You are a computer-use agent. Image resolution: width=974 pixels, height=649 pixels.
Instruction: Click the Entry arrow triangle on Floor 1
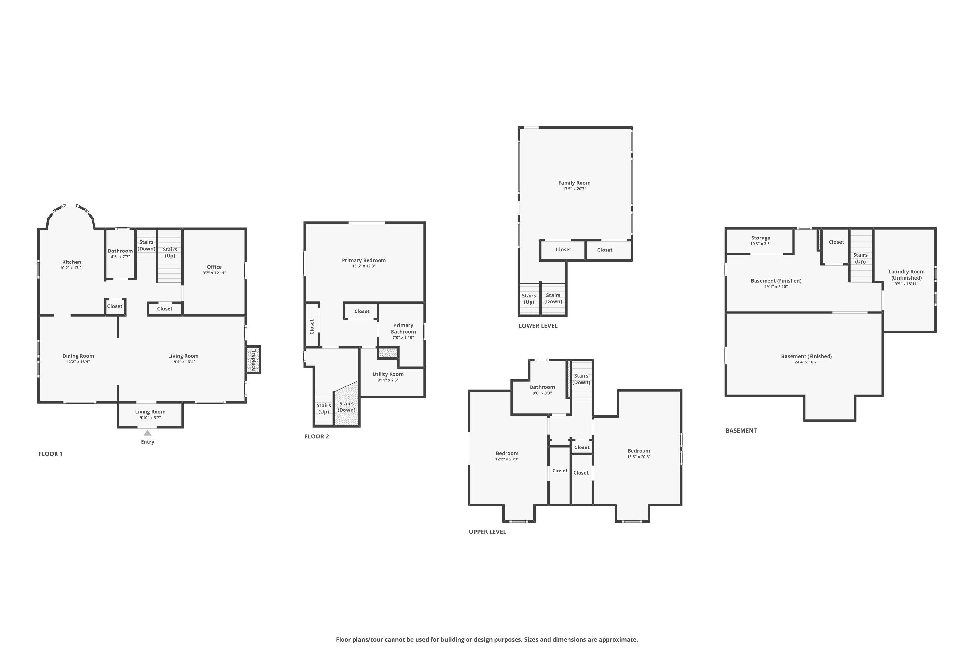(x=147, y=433)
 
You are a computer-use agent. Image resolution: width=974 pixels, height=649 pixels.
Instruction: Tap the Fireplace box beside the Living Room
(x=253, y=359)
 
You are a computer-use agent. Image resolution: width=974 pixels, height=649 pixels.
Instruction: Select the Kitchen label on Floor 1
(x=72, y=262)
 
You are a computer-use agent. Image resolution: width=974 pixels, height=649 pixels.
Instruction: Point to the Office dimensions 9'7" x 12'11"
(x=214, y=273)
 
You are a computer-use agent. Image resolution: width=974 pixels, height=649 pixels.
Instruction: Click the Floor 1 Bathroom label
(x=120, y=251)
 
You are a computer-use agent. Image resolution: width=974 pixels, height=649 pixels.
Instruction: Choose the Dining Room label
(x=78, y=356)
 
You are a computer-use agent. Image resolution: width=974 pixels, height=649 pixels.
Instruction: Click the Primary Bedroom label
(x=364, y=260)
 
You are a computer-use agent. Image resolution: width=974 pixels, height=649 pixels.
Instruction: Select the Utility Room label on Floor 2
(x=388, y=374)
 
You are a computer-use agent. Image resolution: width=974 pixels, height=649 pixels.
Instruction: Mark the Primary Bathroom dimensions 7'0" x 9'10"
(x=403, y=338)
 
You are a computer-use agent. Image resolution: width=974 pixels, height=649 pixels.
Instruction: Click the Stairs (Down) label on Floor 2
(x=346, y=407)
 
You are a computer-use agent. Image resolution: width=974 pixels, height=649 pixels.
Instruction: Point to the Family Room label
(x=574, y=183)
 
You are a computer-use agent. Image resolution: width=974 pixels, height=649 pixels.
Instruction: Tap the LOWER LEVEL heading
(x=538, y=326)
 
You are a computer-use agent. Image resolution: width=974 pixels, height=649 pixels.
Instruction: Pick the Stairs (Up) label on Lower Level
(x=529, y=299)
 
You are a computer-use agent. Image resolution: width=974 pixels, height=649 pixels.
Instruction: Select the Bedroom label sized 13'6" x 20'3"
(x=639, y=451)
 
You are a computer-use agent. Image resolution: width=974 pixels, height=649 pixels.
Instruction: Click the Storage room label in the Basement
(x=761, y=238)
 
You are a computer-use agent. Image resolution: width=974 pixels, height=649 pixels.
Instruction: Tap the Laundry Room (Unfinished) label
(x=906, y=275)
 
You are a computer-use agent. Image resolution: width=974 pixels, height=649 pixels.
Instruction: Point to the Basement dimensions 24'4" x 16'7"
(x=806, y=362)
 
